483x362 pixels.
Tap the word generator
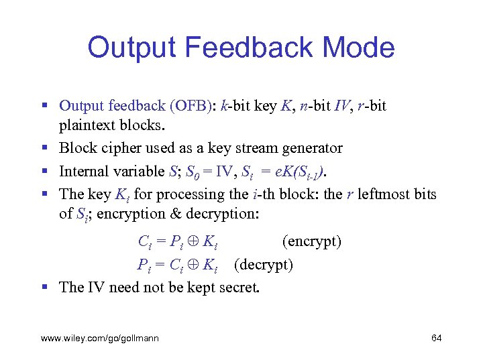pos(313,148)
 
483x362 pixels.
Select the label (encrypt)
pos(311,241)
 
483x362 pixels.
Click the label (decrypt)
pos(264,264)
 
